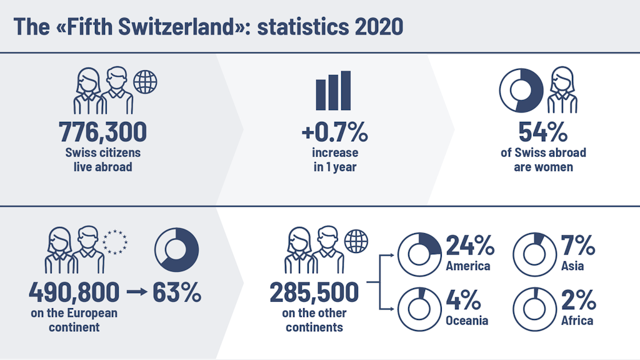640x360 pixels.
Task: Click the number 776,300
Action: pyautogui.click(x=103, y=132)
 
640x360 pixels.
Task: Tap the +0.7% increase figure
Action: pyautogui.click(x=334, y=132)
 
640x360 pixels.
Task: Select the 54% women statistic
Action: pyautogui.click(x=542, y=132)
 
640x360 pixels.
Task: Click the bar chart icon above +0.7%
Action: pyautogui.click(x=334, y=91)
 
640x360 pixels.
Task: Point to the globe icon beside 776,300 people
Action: pyautogui.click(x=146, y=81)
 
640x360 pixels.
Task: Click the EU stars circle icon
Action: pyautogui.click(x=115, y=241)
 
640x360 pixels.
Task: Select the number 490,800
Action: pyautogui.click(x=74, y=291)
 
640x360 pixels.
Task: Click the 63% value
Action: pyautogui.click(x=177, y=292)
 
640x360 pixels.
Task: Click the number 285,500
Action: pyautogui.click(x=314, y=291)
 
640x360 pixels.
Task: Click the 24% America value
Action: pyautogui.click(x=469, y=247)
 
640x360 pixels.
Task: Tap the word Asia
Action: pyautogui.click(x=572, y=266)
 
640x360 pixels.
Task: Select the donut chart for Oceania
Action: pyautogui.click(x=419, y=307)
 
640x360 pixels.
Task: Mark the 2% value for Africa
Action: pyautogui.click(x=577, y=301)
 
